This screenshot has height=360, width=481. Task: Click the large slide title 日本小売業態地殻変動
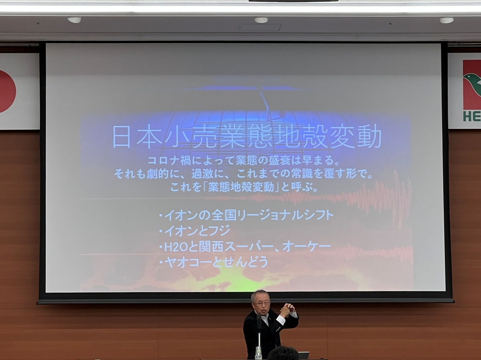click(247, 136)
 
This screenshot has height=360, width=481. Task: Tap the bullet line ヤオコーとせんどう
click(213, 262)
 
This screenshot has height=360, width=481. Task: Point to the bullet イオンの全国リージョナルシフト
click(246, 215)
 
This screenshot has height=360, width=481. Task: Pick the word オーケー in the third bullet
click(306, 247)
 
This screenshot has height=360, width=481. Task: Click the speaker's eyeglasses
click(262, 304)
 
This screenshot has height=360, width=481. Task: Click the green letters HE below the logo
click(472, 116)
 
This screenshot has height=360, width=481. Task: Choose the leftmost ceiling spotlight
click(74, 20)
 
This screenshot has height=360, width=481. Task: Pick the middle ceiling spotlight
click(261, 20)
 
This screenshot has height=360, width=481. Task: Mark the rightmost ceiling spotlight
click(447, 20)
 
